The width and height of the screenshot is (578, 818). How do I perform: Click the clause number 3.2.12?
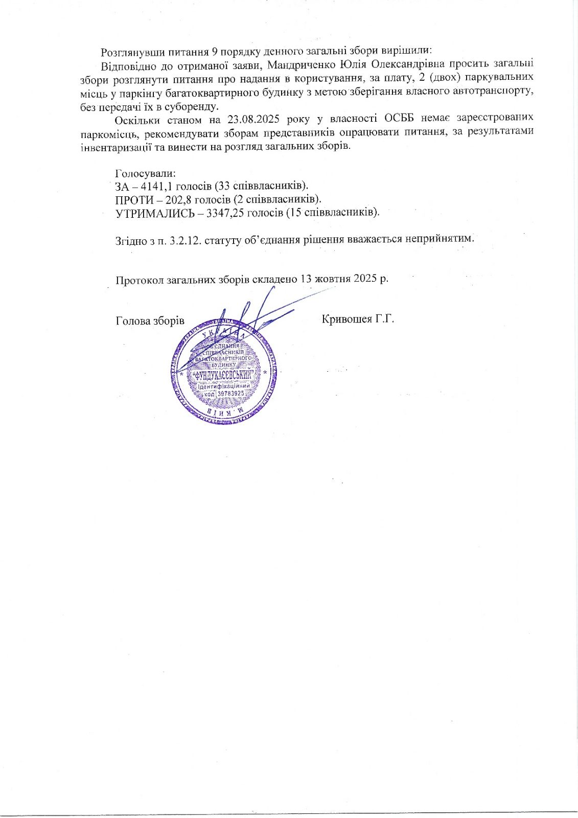tap(185, 239)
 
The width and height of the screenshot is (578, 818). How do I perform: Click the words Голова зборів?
tap(150, 321)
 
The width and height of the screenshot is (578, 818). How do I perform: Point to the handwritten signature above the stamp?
tap(250, 317)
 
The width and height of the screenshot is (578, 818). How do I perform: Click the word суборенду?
tap(195, 106)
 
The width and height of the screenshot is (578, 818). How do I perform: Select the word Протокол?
tap(137, 280)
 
